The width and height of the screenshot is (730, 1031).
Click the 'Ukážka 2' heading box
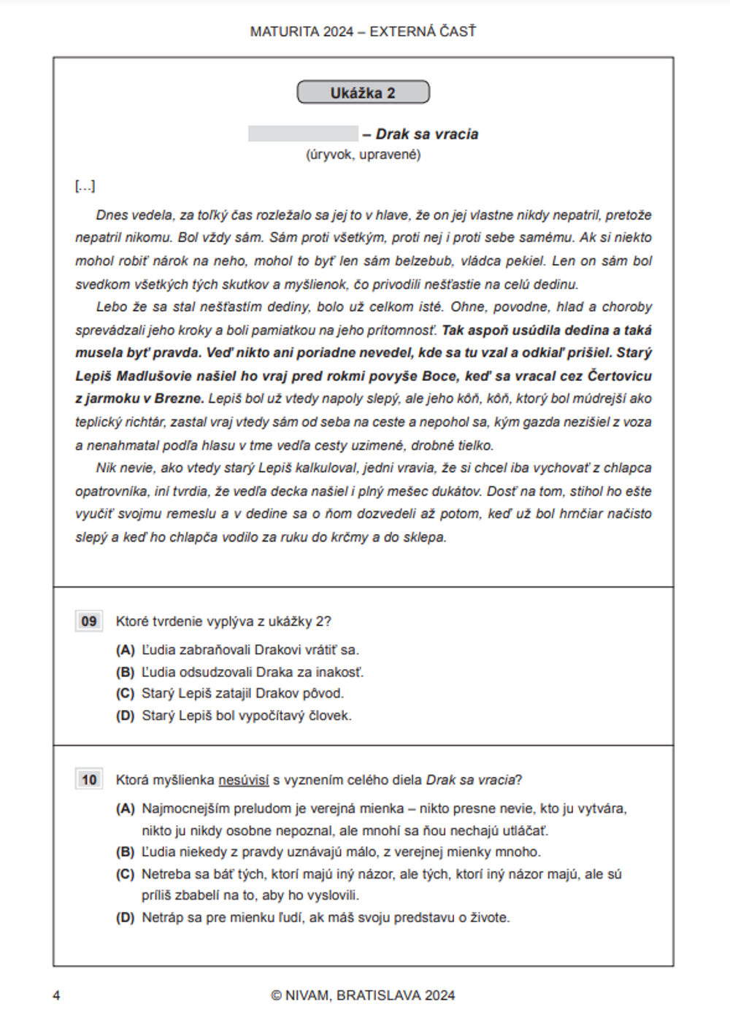click(x=363, y=93)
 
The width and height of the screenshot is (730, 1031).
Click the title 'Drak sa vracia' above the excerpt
click(x=427, y=134)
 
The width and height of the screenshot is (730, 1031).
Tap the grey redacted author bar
click(x=303, y=134)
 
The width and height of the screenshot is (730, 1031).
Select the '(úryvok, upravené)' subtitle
click(x=363, y=155)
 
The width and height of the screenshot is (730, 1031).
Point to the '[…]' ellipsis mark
click(x=85, y=186)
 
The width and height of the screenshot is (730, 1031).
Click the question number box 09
click(x=89, y=621)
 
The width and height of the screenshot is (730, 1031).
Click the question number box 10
click(x=89, y=780)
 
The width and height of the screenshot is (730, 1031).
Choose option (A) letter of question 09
click(x=126, y=649)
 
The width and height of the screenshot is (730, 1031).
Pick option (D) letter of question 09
click(x=126, y=716)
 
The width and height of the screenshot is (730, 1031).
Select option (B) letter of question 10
click(x=126, y=852)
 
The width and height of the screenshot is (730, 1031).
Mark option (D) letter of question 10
click(x=126, y=917)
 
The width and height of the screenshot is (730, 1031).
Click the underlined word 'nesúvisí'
click(x=244, y=780)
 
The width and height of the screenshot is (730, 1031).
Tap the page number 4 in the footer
click(x=57, y=995)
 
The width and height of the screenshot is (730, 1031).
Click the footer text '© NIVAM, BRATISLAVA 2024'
click(x=363, y=995)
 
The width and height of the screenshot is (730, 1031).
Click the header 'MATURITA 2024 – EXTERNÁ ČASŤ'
click(x=363, y=31)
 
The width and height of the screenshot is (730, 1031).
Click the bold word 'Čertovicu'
click(x=619, y=376)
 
